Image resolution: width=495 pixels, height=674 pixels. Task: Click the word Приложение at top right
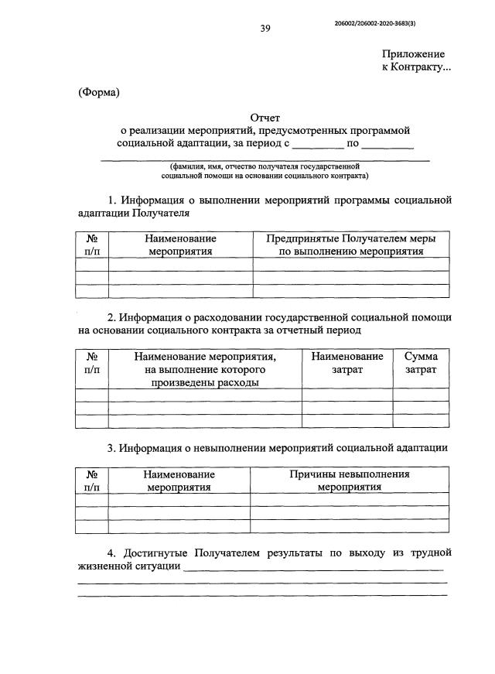tap(413, 54)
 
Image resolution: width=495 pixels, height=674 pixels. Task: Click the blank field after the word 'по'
tap(387, 144)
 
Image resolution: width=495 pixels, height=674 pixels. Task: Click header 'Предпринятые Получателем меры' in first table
tap(350, 239)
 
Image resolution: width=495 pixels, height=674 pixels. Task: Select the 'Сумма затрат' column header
tap(421, 363)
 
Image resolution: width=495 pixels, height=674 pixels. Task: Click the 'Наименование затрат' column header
tap(347, 363)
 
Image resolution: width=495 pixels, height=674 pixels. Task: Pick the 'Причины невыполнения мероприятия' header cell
tap(350, 481)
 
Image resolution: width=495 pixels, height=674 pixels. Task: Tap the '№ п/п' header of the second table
tap(91, 363)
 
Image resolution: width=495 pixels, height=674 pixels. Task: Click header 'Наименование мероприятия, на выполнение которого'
tap(205, 363)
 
